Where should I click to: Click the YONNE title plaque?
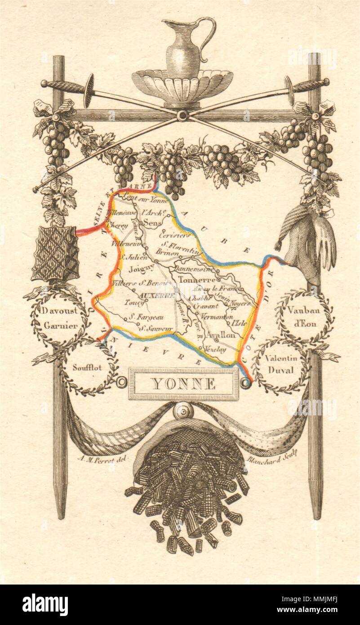pyautogui.click(x=183, y=384)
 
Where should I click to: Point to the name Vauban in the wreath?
pyautogui.click(x=302, y=309)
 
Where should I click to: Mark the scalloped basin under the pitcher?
pyautogui.click(x=182, y=85)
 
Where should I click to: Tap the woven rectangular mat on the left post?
pyautogui.click(x=56, y=253)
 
